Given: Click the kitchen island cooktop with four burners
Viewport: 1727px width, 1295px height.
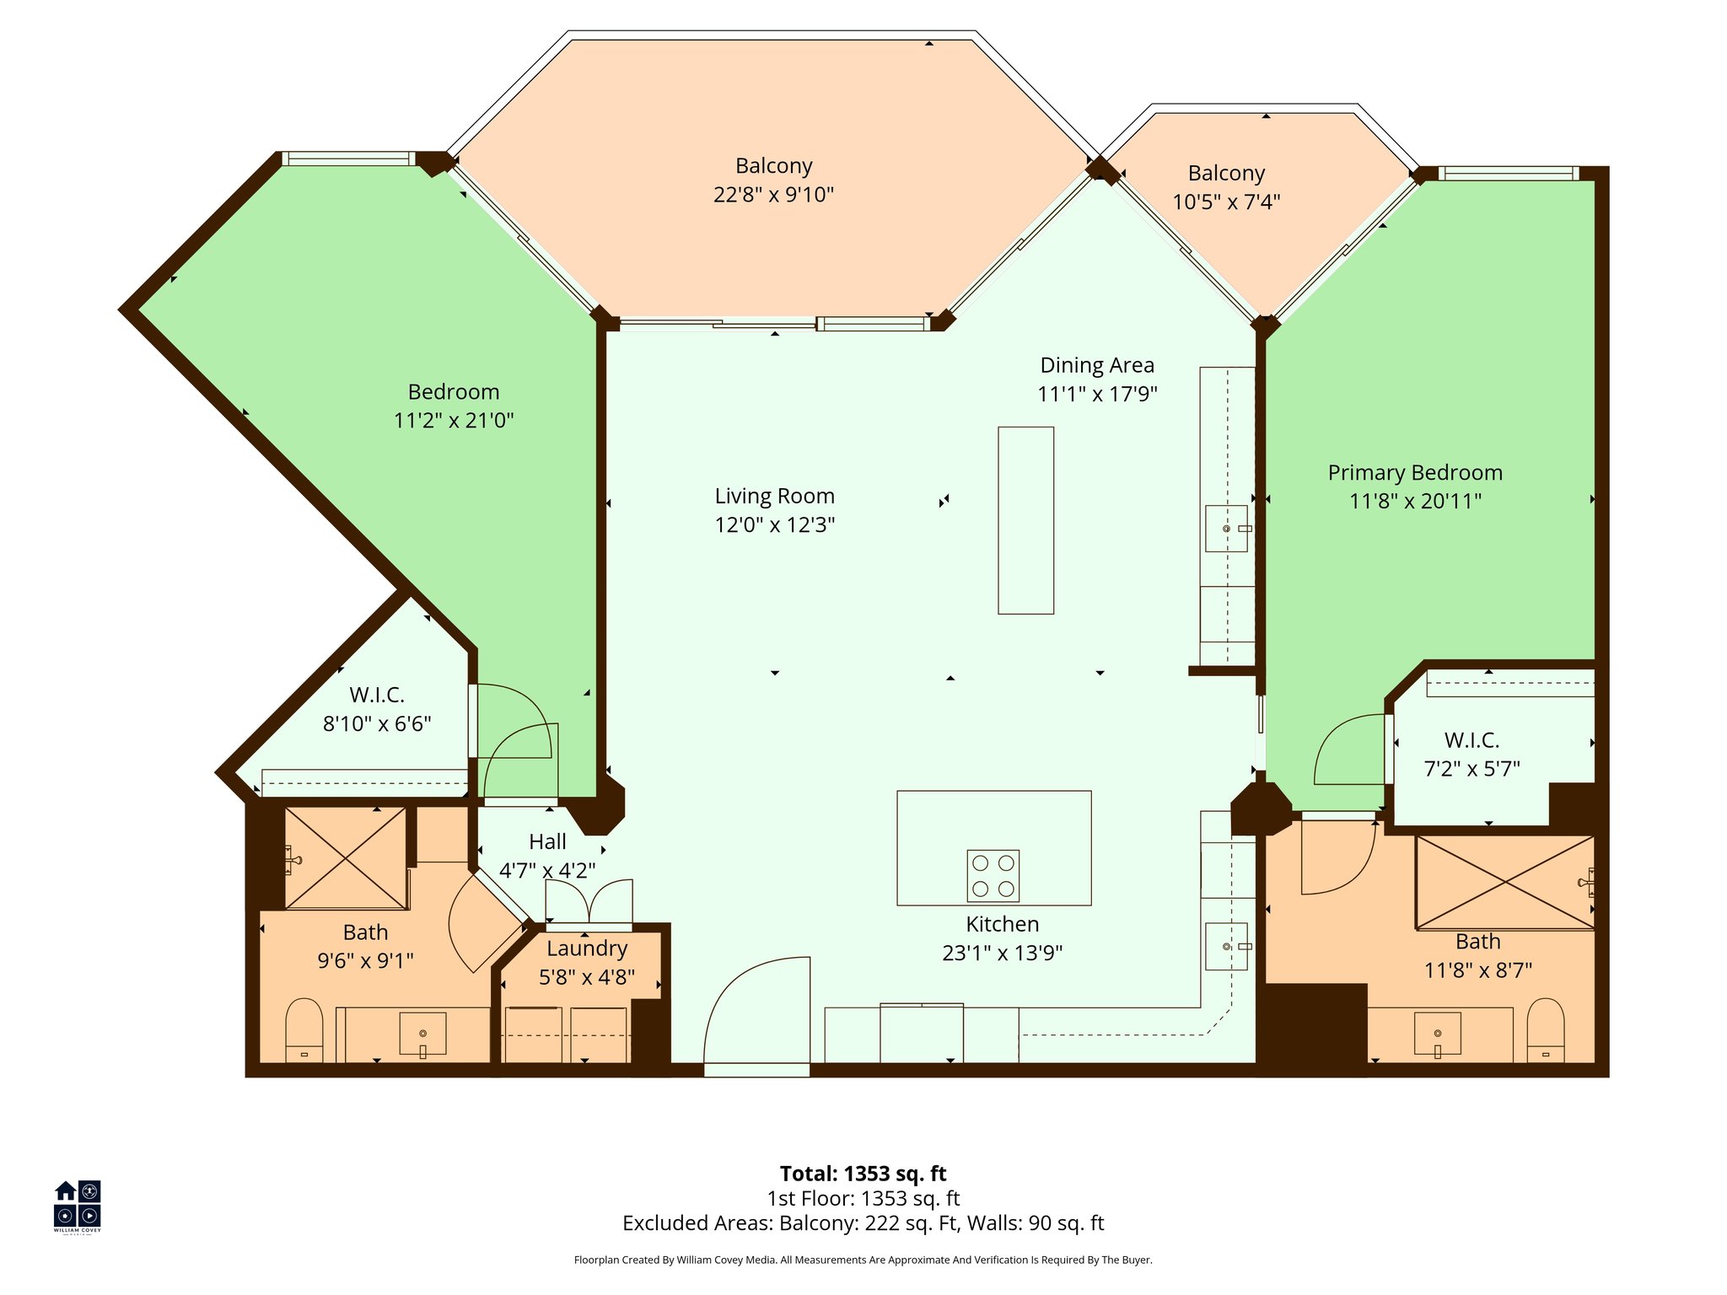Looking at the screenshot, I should point(993,875).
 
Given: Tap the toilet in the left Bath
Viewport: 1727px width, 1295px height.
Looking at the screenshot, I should point(304,1029).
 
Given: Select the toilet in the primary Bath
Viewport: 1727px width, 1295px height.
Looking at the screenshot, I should point(1545,1029).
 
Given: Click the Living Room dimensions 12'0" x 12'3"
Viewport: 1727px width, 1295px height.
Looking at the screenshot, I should point(774,524).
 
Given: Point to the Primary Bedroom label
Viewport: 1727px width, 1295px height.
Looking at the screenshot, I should point(1414,472).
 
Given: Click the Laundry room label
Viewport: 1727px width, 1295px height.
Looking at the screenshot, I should point(587,948).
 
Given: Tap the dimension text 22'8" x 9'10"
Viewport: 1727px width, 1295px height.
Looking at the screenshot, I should point(773,195).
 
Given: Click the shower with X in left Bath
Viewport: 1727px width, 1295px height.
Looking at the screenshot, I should point(346,858).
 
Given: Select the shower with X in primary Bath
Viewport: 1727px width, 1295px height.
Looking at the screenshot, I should point(1504,883).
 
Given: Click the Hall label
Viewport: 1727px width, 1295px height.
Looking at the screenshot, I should point(547,841).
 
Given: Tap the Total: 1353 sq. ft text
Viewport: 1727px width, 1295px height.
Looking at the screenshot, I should point(863,1174).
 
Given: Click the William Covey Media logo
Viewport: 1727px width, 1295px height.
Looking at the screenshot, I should point(78,1205).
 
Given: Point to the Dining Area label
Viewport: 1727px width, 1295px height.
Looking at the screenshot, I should point(1096,365).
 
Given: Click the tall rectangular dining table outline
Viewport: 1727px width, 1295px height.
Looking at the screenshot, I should point(1025,520).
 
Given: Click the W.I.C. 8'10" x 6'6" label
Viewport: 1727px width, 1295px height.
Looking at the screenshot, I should point(377,709).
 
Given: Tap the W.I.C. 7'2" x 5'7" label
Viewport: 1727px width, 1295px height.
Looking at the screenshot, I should point(1471,754).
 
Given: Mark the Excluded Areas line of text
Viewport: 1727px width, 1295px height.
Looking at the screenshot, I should point(863,1222).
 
